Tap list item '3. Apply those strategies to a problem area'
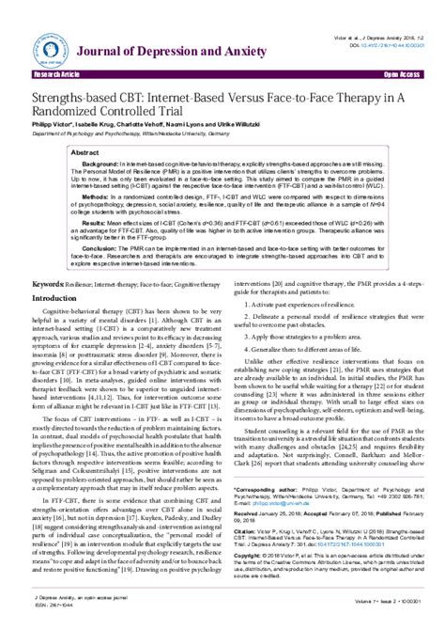[291, 337]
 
